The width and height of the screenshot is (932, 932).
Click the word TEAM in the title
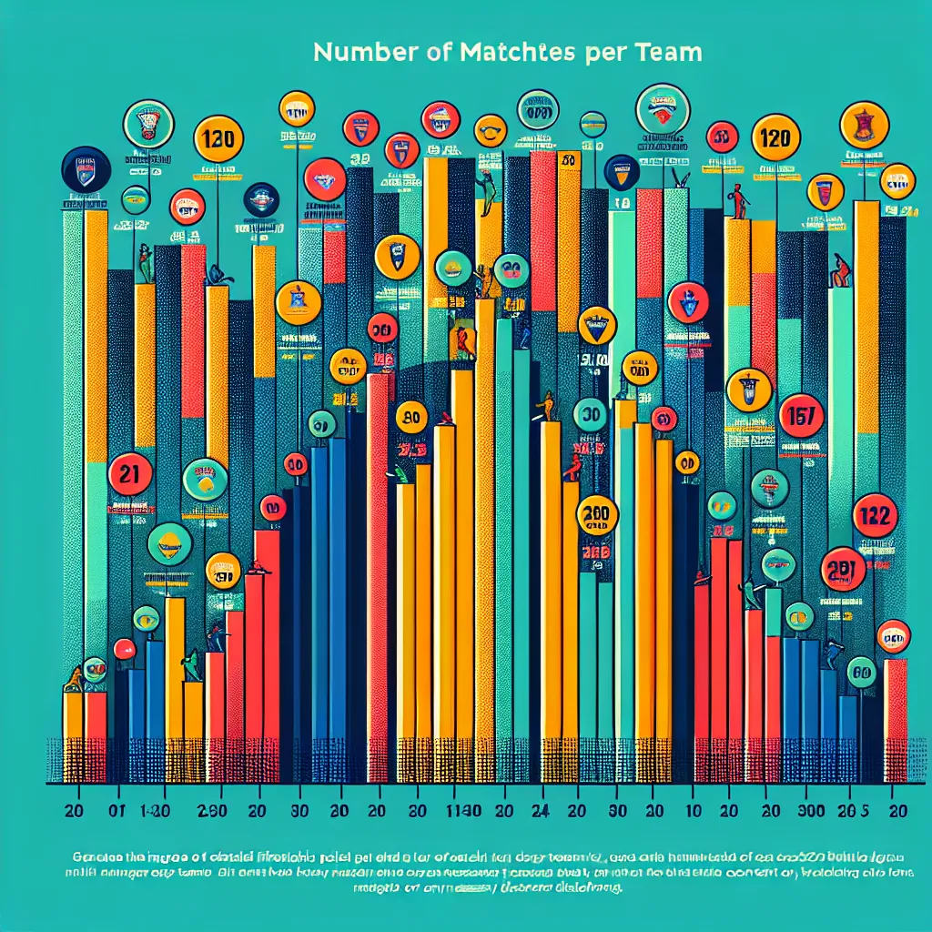(x=668, y=53)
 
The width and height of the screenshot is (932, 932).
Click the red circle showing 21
(x=130, y=473)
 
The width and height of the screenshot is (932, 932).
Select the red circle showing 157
(x=802, y=416)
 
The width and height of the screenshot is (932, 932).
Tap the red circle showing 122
(x=876, y=516)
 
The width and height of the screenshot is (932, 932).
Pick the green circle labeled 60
(x=861, y=672)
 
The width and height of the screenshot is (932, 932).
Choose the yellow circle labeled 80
(x=410, y=418)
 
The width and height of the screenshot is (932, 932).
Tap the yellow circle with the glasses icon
(x=491, y=130)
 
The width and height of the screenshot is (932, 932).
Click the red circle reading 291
(x=844, y=570)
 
